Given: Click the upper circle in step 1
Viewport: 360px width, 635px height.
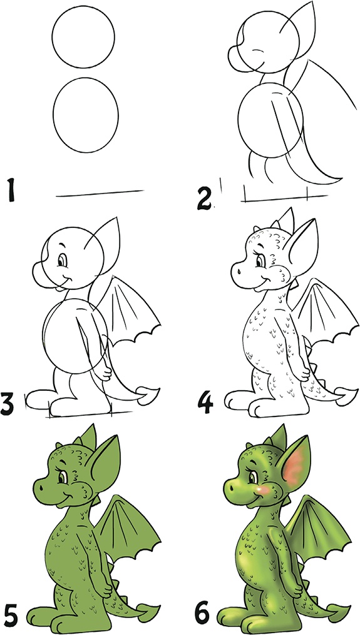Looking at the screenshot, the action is (x=83, y=37).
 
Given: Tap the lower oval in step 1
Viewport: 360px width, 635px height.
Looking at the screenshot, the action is (x=85, y=115).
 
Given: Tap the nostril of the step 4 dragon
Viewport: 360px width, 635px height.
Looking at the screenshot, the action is (x=239, y=271).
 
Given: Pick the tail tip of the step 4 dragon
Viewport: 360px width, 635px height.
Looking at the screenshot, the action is (x=347, y=394).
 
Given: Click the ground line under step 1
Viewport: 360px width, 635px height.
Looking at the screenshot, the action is (x=99, y=193).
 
